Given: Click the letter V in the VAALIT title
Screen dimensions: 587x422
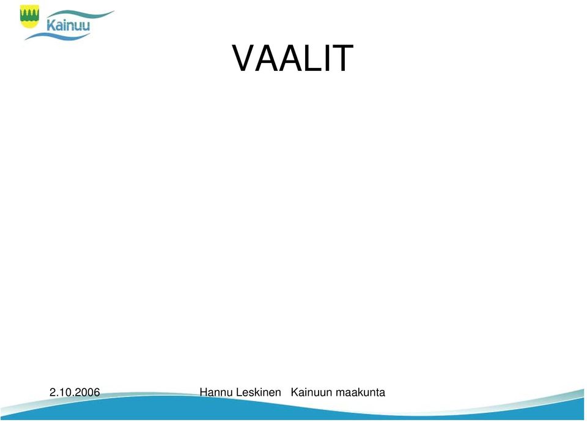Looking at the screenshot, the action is (x=245, y=59).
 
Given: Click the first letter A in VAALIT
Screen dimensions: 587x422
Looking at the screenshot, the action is (x=267, y=59).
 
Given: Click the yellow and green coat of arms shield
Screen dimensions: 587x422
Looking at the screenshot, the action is (x=29, y=17).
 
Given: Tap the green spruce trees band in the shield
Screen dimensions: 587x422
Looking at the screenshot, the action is (x=29, y=15).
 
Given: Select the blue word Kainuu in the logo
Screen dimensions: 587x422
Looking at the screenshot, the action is (x=68, y=25).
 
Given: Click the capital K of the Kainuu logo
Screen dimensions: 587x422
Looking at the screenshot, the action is (x=51, y=25).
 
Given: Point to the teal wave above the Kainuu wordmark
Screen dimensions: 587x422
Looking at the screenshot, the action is (x=81, y=15).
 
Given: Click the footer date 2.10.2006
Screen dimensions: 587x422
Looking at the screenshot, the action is (x=75, y=392).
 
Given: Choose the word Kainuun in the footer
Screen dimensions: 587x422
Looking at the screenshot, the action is (x=311, y=392).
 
